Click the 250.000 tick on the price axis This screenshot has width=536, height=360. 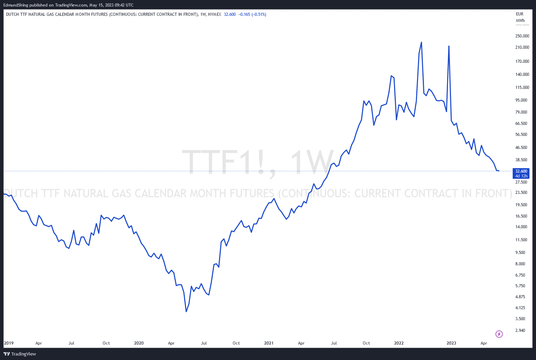click(x=522, y=36)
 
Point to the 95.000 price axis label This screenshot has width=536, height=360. click(x=521, y=100)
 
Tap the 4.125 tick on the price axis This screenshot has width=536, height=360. click(x=520, y=308)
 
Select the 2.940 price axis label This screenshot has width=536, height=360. click(x=520, y=330)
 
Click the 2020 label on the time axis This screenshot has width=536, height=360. click(x=139, y=343)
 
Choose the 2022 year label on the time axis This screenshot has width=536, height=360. click(x=399, y=343)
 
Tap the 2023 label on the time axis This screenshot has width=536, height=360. click(x=451, y=343)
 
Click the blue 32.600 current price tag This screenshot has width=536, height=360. click(x=521, y=173)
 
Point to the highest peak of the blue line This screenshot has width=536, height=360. click(x=421, y=43)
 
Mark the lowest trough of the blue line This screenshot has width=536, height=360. click(x=186, y=312)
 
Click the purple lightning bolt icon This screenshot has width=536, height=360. click(x=499, y=334)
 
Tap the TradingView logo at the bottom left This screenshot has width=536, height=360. click(x=20, y=354)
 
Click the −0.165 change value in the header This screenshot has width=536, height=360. click(x=244, y=14)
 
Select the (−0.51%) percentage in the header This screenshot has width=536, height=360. click(x=259, y=14)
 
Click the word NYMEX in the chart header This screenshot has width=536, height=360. click(x=215, y=14)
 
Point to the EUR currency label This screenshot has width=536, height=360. click(x=520, y=14)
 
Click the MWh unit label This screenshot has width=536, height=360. click(x=521, y=20)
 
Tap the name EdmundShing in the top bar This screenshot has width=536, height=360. click(x=16, y=5)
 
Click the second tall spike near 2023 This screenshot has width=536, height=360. click(x=449, y=46)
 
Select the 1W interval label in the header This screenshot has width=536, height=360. click(x=203, y=14)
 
